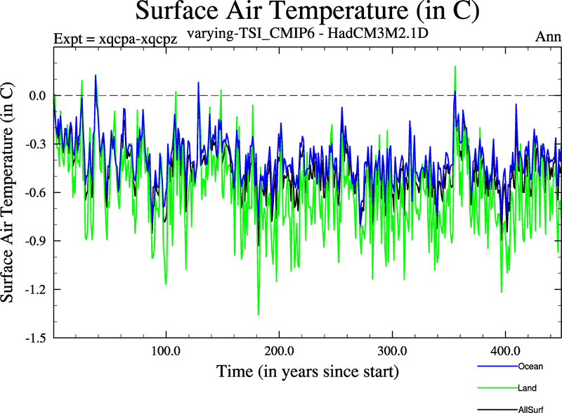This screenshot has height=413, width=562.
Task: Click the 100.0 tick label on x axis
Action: [166, 350]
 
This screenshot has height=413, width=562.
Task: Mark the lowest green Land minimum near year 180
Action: [259, 314]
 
